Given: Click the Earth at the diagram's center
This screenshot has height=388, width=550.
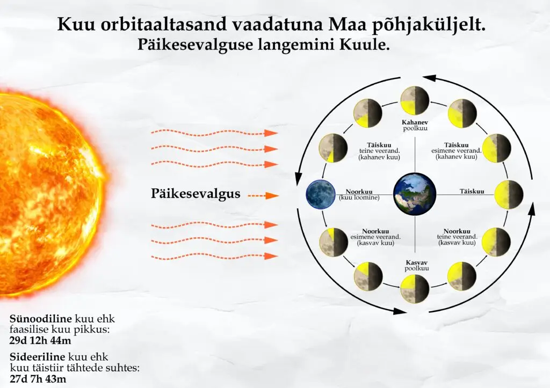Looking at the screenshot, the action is pos(415,194).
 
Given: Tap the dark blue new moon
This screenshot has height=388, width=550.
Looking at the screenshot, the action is pos(321,194).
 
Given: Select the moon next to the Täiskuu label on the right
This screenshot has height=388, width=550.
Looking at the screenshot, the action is pos(509,195).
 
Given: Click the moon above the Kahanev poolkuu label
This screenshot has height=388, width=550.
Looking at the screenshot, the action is pos(415,100).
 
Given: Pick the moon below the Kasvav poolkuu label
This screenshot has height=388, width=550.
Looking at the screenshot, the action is pos(415,289).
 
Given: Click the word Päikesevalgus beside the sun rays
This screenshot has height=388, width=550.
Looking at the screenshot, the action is pos(196,194).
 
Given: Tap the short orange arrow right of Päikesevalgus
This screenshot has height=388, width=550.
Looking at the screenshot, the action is pos(263,195).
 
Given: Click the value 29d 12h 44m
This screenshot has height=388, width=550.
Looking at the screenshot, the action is pos(40,340).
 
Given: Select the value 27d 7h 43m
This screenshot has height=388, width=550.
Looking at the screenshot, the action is pos(38,379).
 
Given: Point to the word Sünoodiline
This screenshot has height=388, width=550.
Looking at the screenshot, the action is pos(41,319).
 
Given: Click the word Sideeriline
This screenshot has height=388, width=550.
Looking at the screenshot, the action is pos(37,357).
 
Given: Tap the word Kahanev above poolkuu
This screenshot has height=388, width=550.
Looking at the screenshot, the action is pos(415,123).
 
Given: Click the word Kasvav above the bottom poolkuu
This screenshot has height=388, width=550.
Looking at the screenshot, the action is pos(417,262).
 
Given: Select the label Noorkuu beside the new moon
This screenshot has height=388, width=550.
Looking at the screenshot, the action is pos(359,192).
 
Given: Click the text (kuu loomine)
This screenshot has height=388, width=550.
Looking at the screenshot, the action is pos(359,197).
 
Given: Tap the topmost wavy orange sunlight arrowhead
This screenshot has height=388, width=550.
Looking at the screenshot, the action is pos(271,133).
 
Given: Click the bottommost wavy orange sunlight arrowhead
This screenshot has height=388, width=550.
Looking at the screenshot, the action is pos(271,256).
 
